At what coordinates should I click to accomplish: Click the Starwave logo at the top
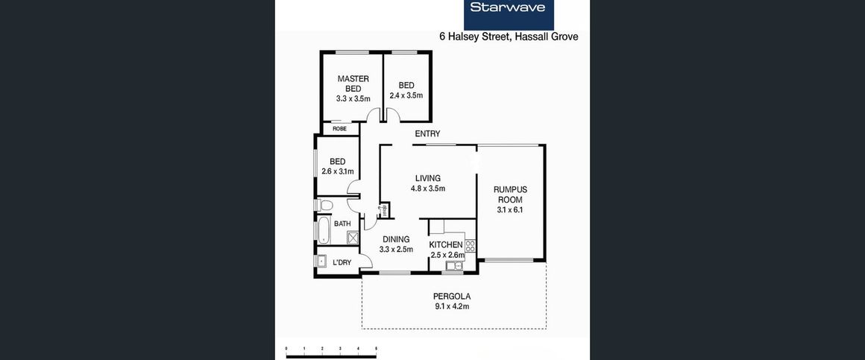pos(509,9)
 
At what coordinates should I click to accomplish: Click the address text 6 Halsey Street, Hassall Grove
pos(509,37)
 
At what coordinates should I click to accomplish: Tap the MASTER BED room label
pos(353,83)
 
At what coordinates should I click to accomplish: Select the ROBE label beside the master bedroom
pos(339,129)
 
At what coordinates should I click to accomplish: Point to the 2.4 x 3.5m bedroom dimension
pos(406,95)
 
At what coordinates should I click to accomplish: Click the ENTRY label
pos(427,134)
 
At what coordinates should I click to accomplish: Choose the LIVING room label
pos(428,178)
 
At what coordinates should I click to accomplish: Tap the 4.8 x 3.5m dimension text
pos(428,189)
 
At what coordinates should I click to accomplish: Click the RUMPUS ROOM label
pos(510,195)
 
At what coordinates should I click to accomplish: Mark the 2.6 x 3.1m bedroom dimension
pos(337,171)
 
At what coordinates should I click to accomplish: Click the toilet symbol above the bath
pos(324,204)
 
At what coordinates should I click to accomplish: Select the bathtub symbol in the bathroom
pos(324,230)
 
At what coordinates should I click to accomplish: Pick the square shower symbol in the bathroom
pos(353,238)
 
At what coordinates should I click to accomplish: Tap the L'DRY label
pos(342,262)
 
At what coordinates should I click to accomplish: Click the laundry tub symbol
pos(321,261)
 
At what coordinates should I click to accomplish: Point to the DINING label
pos(396,239)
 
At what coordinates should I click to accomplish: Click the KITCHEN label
pos(446,244)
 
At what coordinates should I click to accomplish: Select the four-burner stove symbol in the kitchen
pos(470,244)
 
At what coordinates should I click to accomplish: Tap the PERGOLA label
pos(453,296)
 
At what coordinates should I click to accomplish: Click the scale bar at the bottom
pos(331,354)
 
